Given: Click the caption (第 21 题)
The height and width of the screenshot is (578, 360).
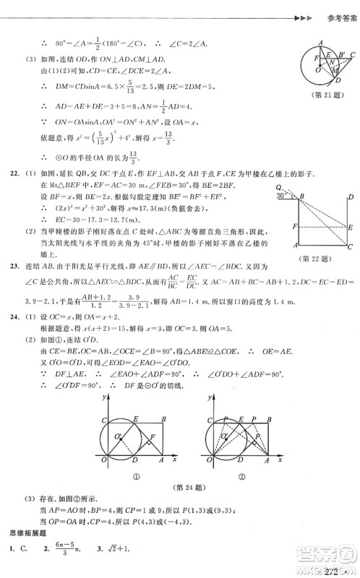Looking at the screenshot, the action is tap(322, 96).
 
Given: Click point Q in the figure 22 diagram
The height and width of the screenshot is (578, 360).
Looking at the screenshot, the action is tap(279, 186).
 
